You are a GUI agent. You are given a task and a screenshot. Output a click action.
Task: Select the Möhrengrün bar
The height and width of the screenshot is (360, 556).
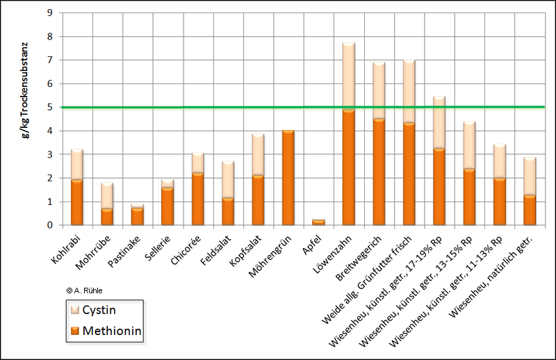[288, 178]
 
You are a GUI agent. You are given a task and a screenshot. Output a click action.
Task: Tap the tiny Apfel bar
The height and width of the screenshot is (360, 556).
[318, 222]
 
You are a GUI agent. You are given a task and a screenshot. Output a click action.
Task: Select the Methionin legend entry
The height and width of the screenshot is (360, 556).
[104, 332]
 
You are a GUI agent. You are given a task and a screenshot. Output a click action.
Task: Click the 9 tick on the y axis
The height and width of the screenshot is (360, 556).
[49, 13]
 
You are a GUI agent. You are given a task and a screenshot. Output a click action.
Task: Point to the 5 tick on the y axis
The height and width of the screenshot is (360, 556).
[49, 107]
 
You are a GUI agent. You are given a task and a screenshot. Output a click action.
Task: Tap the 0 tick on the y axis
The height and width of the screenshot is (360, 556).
[49, 225]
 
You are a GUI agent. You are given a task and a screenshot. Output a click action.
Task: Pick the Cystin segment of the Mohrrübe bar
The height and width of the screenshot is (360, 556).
[107, 195]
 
